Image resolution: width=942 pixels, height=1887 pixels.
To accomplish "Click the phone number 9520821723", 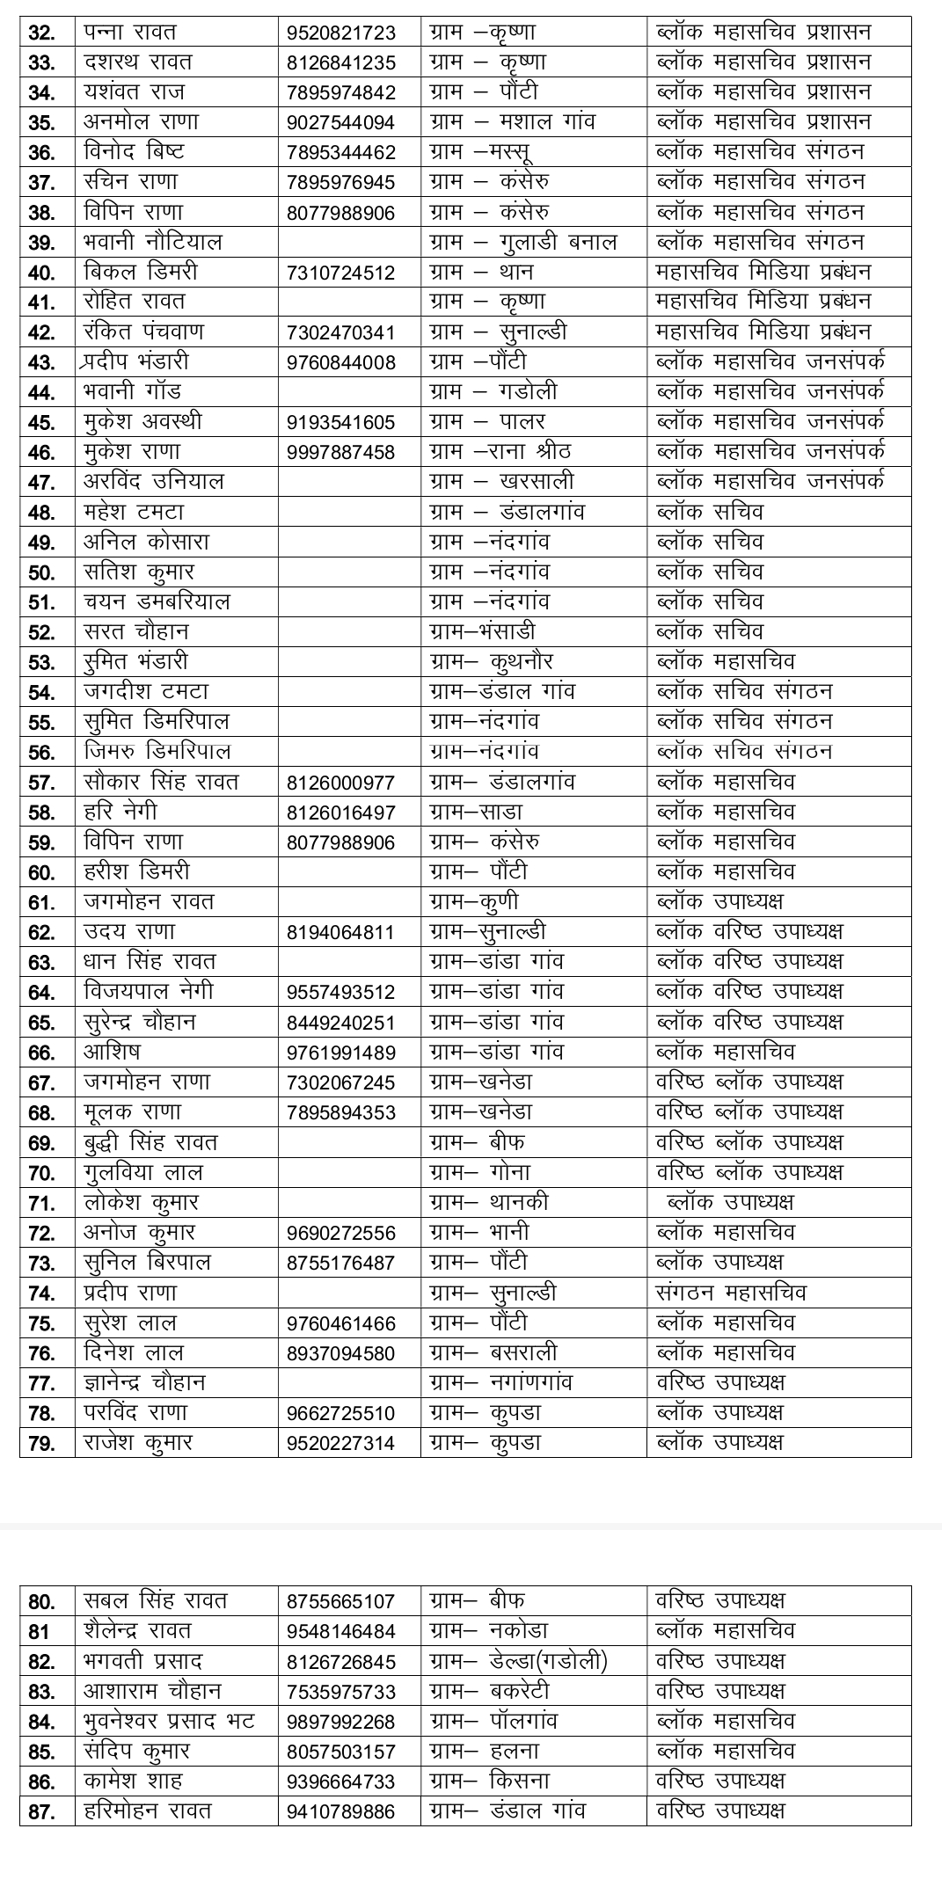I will coord(340,33).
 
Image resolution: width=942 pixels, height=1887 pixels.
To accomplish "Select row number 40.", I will coord(41,273).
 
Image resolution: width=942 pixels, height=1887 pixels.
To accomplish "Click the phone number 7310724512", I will coord(340,273).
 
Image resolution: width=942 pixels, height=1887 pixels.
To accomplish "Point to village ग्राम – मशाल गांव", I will coord(512,122).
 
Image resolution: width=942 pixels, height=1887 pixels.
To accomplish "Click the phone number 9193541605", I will coord(340,423).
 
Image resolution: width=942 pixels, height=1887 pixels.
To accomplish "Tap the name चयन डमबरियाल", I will coord(157,602).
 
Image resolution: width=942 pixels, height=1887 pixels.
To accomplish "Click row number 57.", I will coord(41,783).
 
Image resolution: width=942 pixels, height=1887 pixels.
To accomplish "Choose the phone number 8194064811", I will coord(340,932).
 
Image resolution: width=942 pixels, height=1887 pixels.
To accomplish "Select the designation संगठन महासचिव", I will coord(731,1293).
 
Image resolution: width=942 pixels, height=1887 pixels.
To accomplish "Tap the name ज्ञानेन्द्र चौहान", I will coord(144,1382).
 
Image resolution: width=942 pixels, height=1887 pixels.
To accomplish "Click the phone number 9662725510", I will coord(340,1413).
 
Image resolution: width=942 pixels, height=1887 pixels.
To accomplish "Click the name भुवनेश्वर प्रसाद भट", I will coord(169,1721).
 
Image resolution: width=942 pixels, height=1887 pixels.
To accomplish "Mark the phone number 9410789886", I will coord(340,1811).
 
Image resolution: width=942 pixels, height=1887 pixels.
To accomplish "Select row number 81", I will coord(39,1632).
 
